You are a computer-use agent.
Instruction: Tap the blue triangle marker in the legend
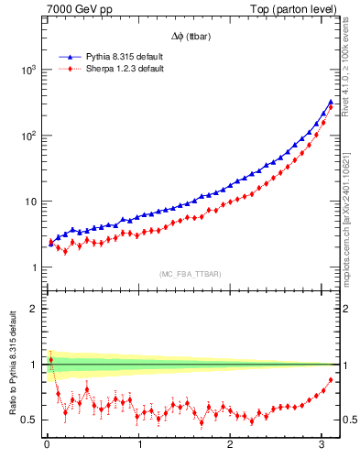pos(67,57)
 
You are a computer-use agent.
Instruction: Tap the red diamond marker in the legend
pos(67,69)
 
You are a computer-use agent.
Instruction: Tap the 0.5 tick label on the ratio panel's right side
pos(349,420)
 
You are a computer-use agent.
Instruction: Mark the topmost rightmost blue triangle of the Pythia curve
pos(330,102)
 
